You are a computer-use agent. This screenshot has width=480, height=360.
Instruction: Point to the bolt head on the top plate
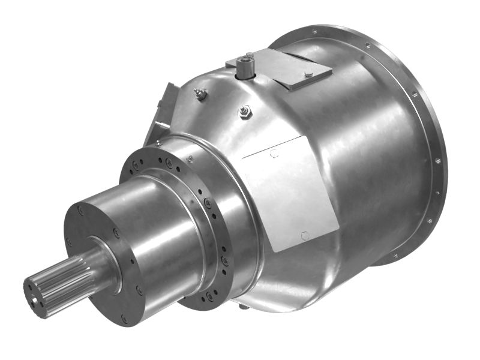[x=308, y=74]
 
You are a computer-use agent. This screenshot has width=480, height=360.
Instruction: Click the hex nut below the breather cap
[x=244, y=111]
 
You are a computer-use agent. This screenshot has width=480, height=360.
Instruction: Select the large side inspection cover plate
[x=288, y=192]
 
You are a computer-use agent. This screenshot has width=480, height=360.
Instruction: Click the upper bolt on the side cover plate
[x=274, y=154]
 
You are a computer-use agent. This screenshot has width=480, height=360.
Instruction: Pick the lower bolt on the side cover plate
[x=305, y=235]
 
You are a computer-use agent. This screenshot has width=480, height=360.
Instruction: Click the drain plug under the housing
[x=244, y=307]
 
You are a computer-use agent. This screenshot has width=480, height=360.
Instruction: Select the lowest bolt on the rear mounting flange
[x=394, y=256]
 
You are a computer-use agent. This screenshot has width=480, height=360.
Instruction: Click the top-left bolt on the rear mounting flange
[x=313, y=31]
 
